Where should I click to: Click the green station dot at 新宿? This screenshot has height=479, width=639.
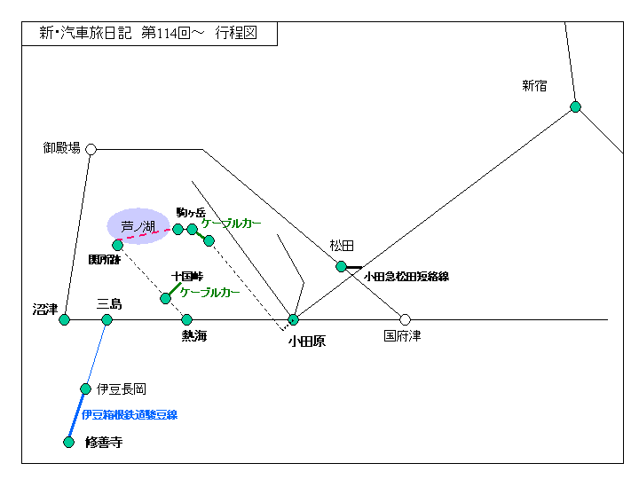(575, 107)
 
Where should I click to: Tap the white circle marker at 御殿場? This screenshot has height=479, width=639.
(91, 149)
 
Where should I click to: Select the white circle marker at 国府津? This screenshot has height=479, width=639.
(405, 319)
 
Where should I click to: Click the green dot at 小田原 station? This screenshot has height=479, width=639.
(293, 319)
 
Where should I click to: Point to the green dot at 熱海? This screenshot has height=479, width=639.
(186, 319)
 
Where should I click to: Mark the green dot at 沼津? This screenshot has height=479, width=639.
(64, 319)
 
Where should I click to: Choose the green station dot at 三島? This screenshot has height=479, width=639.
(106, 319)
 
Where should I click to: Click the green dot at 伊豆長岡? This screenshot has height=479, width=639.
(85, 389)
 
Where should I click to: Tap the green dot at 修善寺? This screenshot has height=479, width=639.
(68, 442)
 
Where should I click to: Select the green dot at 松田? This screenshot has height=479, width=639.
(341, 266)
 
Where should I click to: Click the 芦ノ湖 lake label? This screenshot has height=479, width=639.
(138, 227)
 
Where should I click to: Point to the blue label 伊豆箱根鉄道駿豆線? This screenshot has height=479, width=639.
(130, 414)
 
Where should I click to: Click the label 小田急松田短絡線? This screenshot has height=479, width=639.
(406, 277)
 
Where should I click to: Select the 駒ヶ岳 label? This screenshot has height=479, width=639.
(191, 213)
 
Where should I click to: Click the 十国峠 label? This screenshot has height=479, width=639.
(188, 277)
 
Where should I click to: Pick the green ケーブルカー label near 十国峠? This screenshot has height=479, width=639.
(210, 292)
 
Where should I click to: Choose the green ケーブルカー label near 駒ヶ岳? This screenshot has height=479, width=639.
(231, 224)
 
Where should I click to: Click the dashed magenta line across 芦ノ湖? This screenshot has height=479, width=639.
(147, 234)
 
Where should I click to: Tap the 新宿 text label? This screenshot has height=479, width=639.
(534, 86)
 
